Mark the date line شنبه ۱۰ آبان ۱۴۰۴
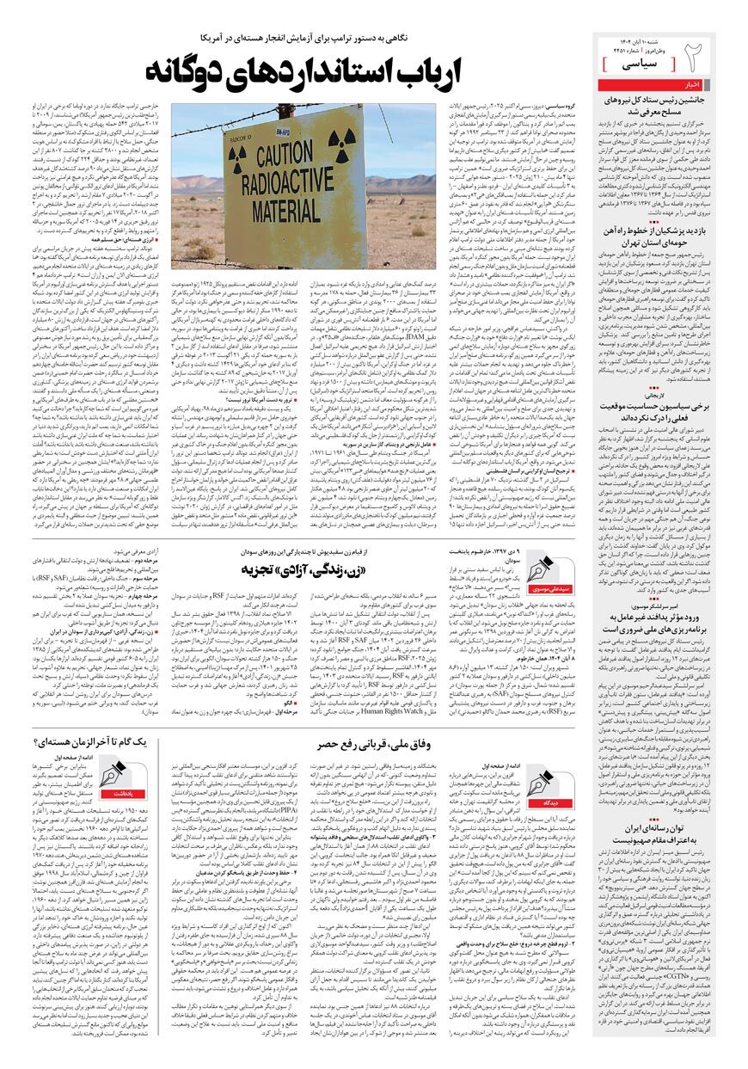[x=653, y=41]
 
